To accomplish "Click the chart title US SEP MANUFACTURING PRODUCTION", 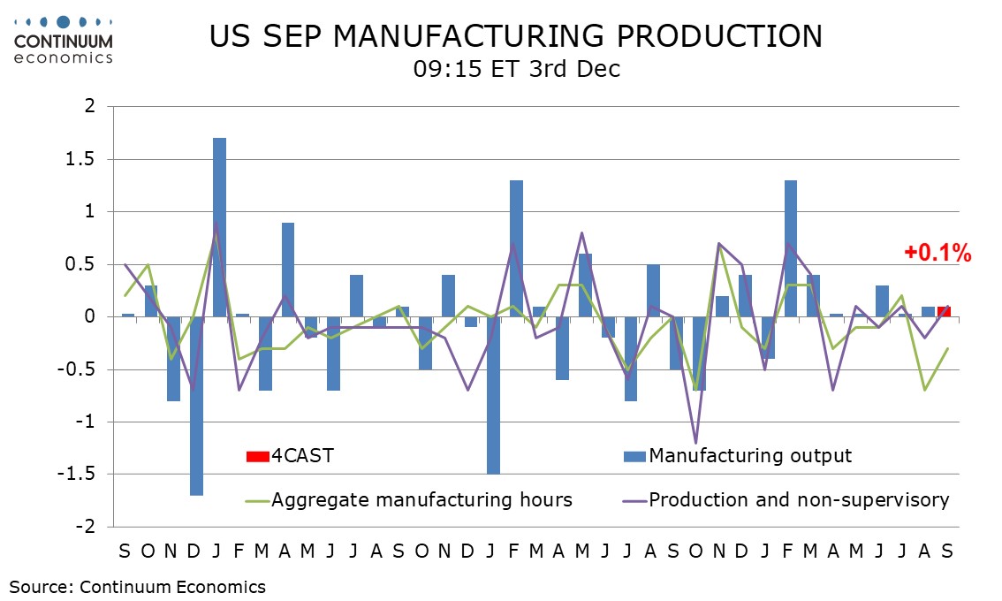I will point(516,36).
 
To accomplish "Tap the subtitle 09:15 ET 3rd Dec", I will point(516,69).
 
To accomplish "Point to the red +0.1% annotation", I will point(937,254).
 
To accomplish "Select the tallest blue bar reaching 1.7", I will point(219,227).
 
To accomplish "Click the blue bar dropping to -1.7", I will point(196,406).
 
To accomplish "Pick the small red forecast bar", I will point(945,311).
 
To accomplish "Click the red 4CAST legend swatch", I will point(257,456).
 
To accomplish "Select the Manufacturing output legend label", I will point(750,456).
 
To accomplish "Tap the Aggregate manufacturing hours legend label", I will point(421,500).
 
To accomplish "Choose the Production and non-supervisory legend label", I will point(799,500).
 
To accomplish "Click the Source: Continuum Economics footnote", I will point(138,586).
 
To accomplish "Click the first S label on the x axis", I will point(125,551).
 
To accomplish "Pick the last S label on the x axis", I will point(947,551).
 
